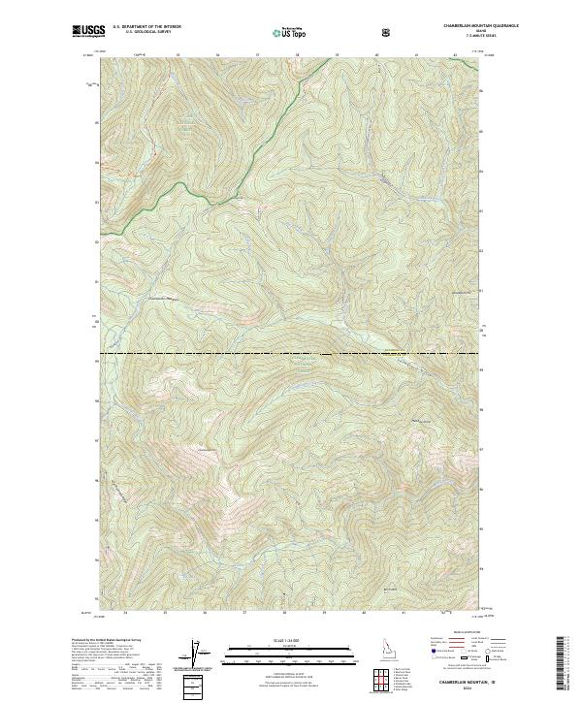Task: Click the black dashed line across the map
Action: pos(291,354)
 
